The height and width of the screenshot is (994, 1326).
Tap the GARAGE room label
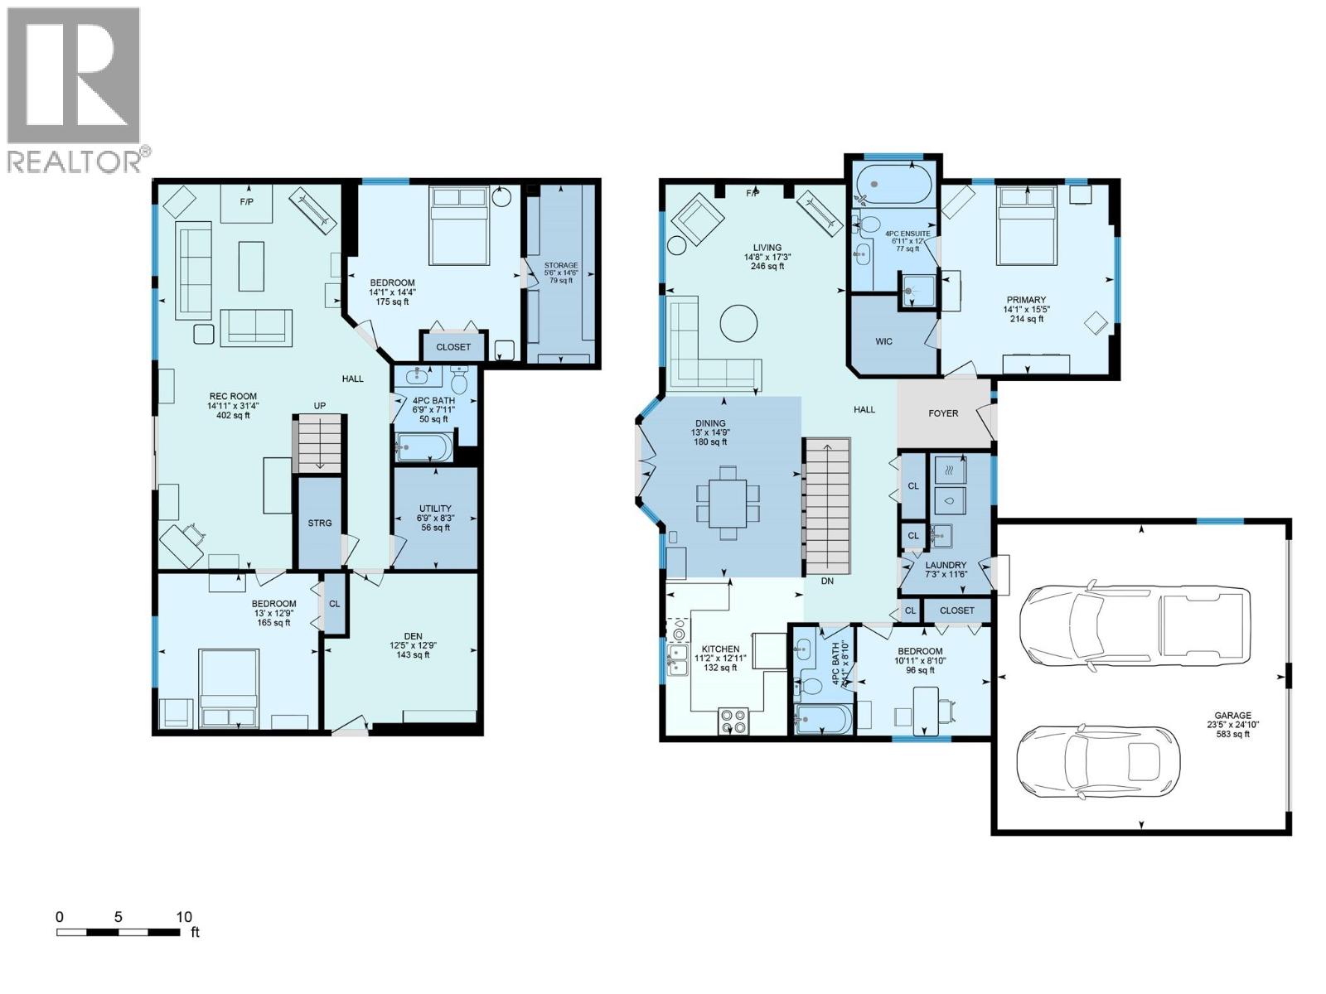[x=1232, y=716]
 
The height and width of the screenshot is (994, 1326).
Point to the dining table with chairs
[x=728, y=503]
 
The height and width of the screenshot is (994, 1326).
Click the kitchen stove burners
[x=733, y=721]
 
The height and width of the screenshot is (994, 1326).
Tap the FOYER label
[x=943, y=413]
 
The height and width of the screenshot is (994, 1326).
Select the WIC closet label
[x=883, y=341]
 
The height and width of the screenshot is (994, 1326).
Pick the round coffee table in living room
[x=738, y=323]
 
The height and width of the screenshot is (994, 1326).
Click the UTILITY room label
[x=435, y=509]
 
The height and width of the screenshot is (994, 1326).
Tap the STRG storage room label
[x=320, y=523]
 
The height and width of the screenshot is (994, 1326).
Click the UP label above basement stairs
[x=319, y=405]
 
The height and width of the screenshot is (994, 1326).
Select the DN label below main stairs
[x=826, y=581]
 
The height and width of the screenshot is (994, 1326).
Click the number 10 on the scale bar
[x=184, y=916]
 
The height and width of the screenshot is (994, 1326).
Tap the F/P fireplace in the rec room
[x=246, y=203]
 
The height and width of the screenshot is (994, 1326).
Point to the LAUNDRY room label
[x=946, y=565]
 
